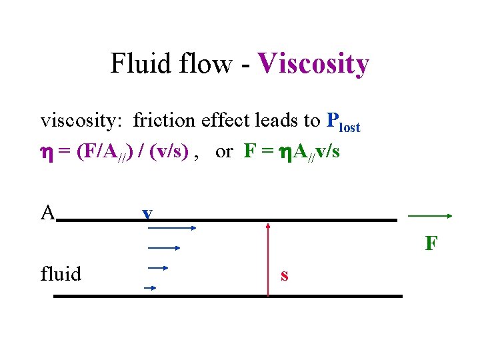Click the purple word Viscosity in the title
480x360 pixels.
313,64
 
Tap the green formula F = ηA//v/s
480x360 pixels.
292,152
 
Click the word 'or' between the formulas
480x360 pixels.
224,152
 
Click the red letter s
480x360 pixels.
285,275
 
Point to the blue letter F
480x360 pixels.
431,244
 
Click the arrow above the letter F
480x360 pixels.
431,216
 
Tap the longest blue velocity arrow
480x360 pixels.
170,228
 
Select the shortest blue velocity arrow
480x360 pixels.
150,288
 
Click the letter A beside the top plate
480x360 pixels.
47,213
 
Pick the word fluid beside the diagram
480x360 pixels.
61,274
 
